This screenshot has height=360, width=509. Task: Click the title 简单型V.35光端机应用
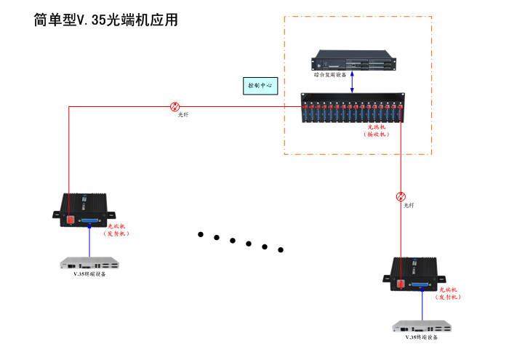coord(105,20)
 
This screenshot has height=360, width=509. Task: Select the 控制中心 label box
coord(260,86)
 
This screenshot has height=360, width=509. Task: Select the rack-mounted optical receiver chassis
coord(353,108)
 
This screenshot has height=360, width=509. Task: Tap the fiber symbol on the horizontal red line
coord(175,106)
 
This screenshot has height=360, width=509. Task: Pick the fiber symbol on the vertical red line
coord(401,196)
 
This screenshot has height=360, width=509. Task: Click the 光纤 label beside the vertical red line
coord(409,206)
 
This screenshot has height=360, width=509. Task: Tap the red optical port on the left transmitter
coord(68,218)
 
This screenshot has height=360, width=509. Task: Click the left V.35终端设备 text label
coord(89,274)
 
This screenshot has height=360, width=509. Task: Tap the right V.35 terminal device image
coord(422,326)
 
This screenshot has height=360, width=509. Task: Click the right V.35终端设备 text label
coord(422,337)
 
